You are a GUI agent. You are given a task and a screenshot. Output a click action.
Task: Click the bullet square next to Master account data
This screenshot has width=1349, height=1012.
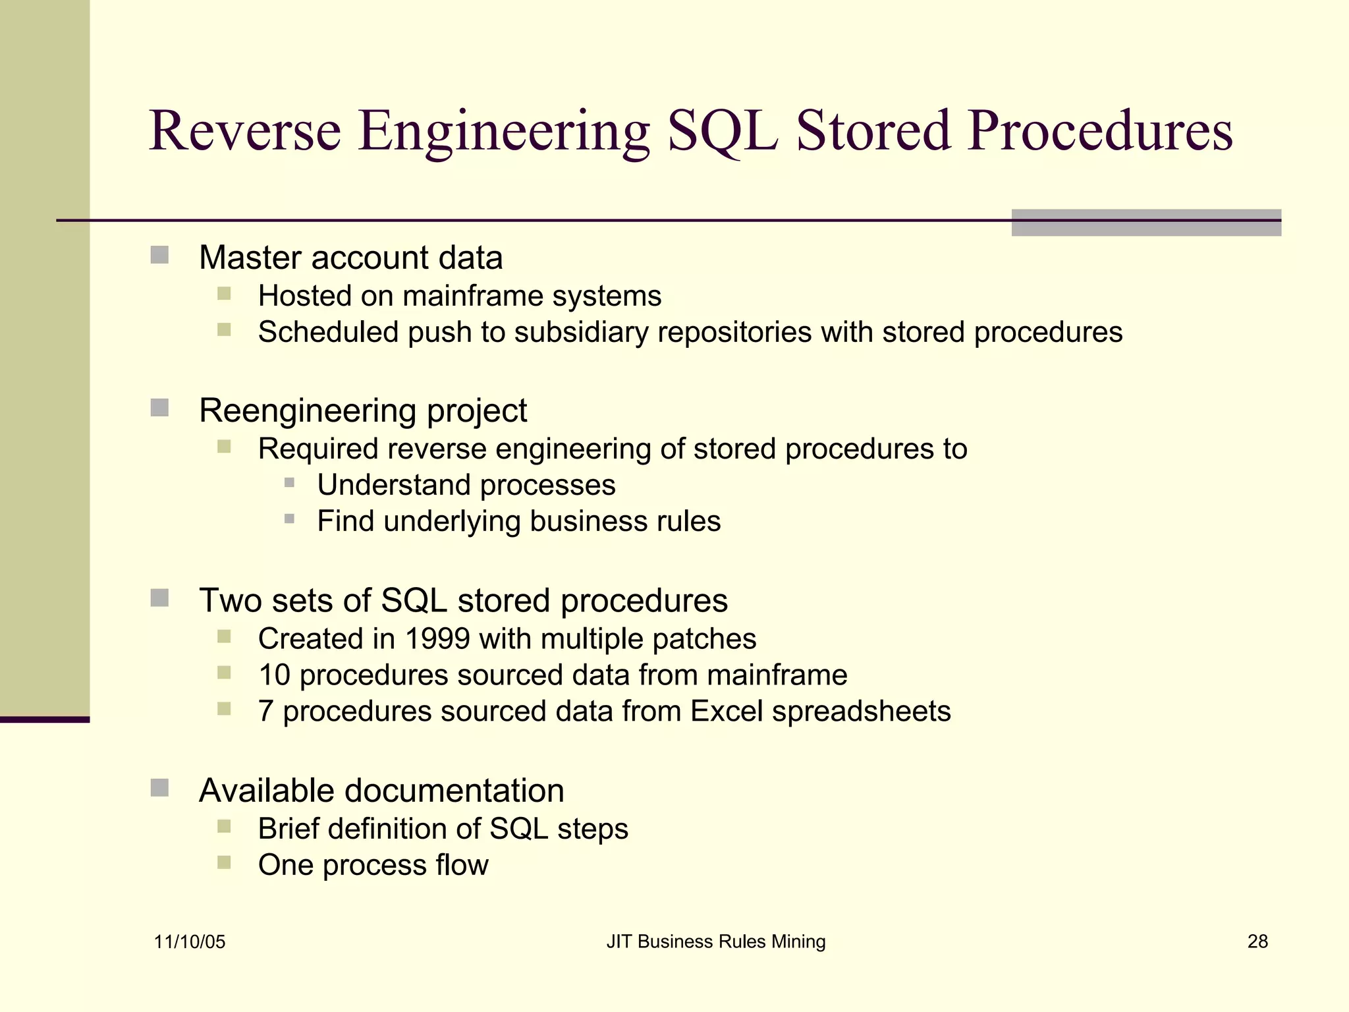[159, 255]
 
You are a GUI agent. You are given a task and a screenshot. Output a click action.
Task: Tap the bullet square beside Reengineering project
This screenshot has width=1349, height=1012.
[159, 408]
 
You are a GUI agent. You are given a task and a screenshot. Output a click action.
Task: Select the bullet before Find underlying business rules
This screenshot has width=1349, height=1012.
[289, 519]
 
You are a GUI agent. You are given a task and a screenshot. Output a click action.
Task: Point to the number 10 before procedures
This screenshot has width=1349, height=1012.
[274, 675]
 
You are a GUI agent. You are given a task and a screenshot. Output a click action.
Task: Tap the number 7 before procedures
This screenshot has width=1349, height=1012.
[266, 711]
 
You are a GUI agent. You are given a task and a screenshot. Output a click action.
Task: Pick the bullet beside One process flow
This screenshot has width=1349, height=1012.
[224, 862]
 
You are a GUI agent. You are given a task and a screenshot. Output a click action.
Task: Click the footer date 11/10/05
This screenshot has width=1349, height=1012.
[190, 942]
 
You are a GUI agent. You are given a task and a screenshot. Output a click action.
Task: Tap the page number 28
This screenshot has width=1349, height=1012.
[1257, 942]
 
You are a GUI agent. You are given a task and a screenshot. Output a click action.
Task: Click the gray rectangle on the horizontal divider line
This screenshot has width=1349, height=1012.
[1146, 223]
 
